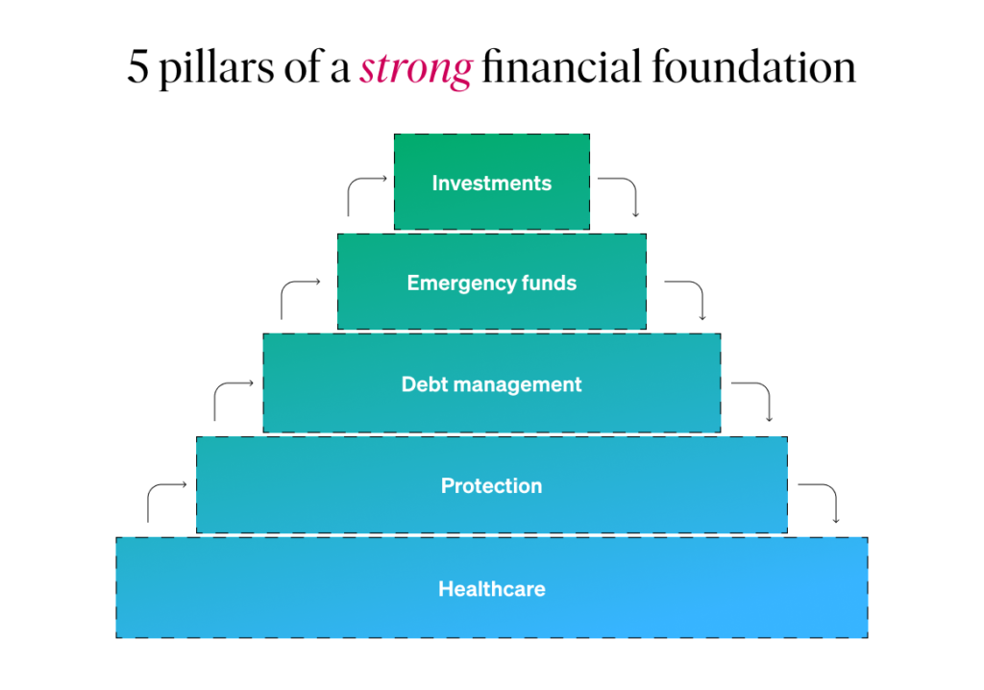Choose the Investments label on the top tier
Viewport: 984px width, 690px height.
point(491,183)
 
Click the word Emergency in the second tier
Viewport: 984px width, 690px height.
point(455,283)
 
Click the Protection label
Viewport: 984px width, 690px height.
point(491,485)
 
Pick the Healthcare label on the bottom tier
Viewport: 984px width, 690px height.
point(491,588)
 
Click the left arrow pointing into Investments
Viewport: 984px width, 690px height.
point(366,188)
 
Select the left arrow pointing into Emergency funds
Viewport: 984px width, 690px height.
point(300,292)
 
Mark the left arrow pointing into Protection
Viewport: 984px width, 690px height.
point(166,494)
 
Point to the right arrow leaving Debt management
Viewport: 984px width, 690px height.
point(754,395)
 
